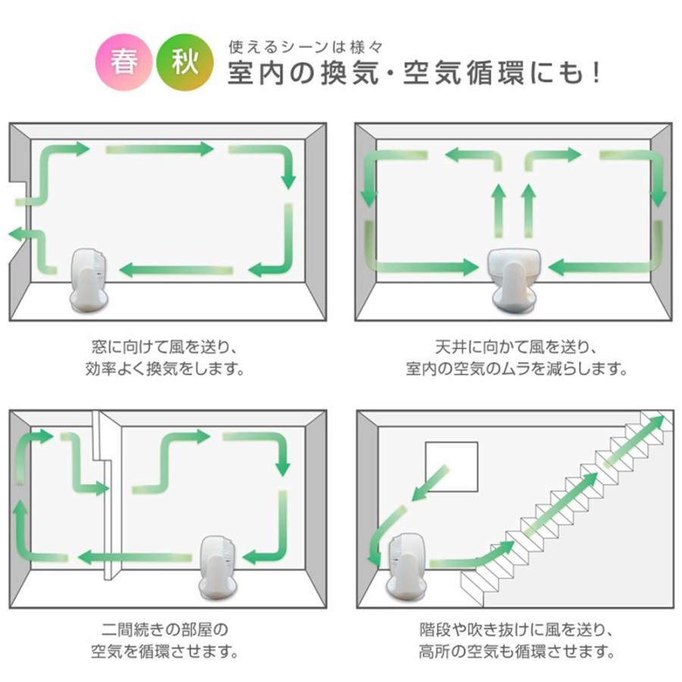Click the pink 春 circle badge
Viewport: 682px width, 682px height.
[124, 62]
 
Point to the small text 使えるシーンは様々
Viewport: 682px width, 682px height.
[310, 46]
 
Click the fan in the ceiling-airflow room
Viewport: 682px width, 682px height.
[514, 277]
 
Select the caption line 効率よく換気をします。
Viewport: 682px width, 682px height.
[164, 371]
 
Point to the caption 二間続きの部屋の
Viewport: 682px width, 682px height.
[164, 629]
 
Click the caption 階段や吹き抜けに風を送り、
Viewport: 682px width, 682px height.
[515, 629]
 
